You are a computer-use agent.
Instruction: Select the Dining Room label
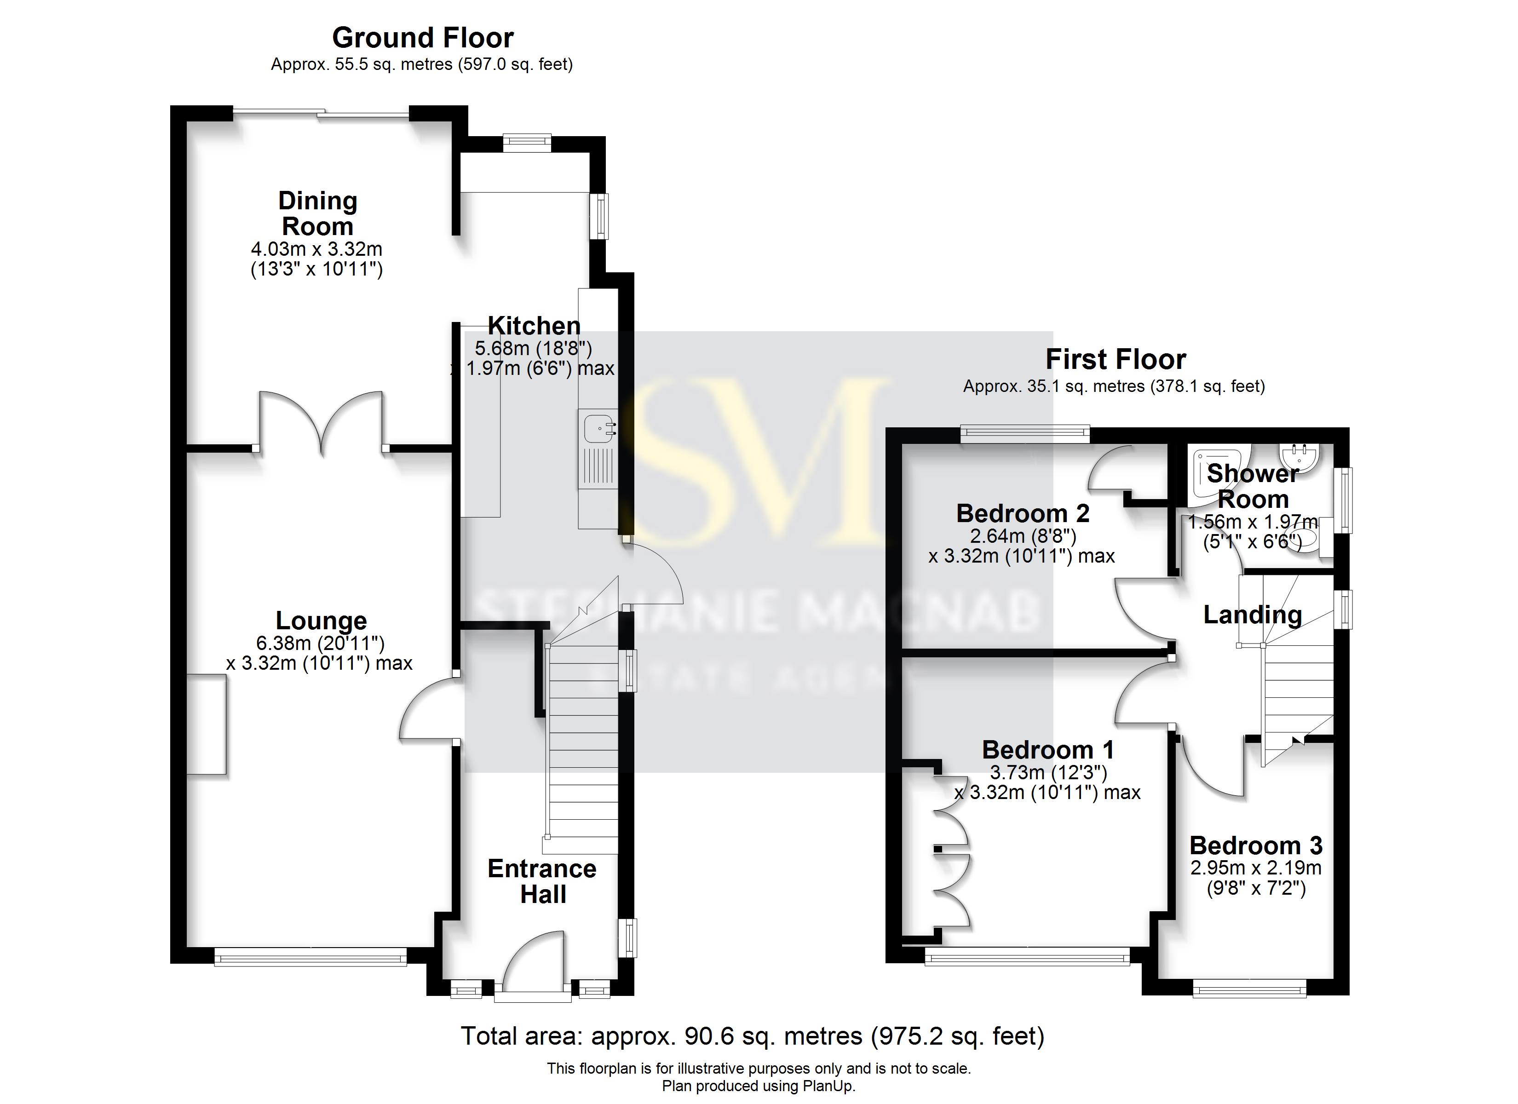(317, 213)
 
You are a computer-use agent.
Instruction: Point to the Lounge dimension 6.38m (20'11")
(320, 644)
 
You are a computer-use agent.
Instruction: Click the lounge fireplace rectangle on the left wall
(206, 724)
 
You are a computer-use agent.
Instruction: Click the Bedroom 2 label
(1022, 513)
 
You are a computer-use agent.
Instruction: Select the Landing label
(1252, 615)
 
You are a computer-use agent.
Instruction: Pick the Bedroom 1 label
(1047, 750)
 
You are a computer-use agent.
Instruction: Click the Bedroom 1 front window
(1027, 959)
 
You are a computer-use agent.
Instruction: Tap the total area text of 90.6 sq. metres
(752, 1036)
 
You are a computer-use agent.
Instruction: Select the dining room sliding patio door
(321, 114)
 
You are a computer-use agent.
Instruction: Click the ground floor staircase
(583, 743)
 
